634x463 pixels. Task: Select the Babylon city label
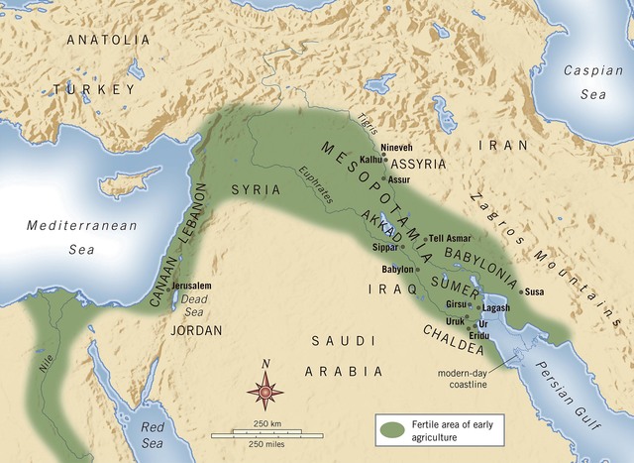pyautogui.click(x=397, y=269)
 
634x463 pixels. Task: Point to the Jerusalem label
pyautogui.click(x=192, y=286)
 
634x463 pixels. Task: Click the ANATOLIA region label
pyautogui.click(x=109, y=40)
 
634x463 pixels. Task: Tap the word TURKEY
pyautogui.click(x=92, y=89)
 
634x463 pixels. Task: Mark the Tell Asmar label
pyautogui.click(x=451, y=239)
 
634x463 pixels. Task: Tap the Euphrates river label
pyautogui.click(x=315, y=184)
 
